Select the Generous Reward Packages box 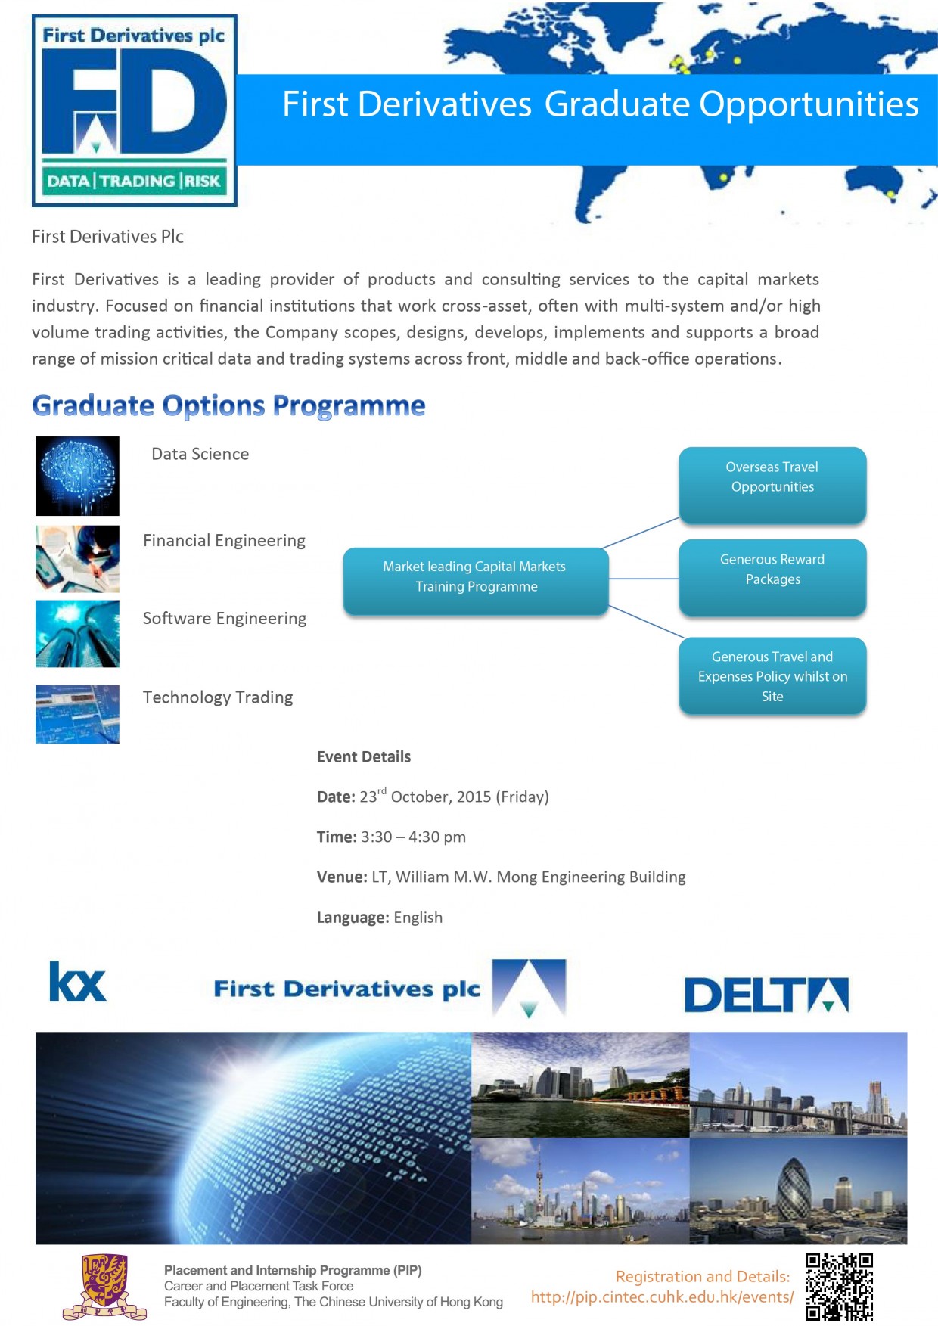pyautogui.click(x=772, y=577)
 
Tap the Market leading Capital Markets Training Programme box pyautogui.click(x=476, y=581)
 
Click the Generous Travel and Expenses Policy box pyautogui.click(x=772, y=676)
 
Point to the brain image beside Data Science pyautogui.click(x=77, y=476)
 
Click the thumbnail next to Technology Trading pyautogui.click(x=77, y=714)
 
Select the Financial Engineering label pyautogui.click(x=225, y=541)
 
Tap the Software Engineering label pyautogui.click(x=225, y=619)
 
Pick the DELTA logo pyautogui.click(x=766, y=995)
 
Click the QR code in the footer pyautogui.click(x=839, y=1287)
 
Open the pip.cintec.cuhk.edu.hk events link pyautogui.click(x=663, y=1297)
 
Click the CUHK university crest pyautogui.click(x=104, y=1286)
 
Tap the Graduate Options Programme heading pyautogui.click(x=228, y=405)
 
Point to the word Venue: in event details pyautogui.click(x=342, y=877)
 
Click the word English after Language pyautogui.click(x=418, y=918)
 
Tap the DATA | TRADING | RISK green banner pyautogui.click(x=134, y=181)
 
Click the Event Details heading pyautogui.click(x=364, y=757)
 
